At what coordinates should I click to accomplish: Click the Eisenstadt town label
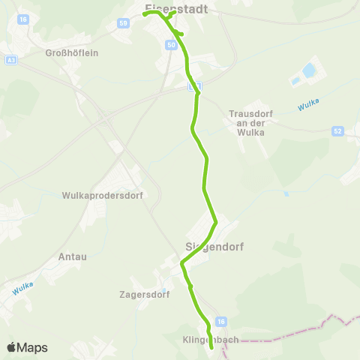[175, 9]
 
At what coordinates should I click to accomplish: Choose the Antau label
[73, 256]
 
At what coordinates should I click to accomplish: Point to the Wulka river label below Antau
[23, 286]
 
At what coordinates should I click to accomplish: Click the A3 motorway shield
[10, 59]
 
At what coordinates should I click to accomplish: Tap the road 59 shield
[122, 23]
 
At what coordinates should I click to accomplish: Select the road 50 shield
[172, 46]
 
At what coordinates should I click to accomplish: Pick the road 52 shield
[338, 131]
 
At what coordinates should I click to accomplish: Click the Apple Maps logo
[27, 347]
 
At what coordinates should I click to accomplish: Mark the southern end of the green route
[211, 346]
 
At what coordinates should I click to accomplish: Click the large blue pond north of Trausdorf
[307, 73]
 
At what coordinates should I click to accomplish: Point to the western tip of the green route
[144, 14]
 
